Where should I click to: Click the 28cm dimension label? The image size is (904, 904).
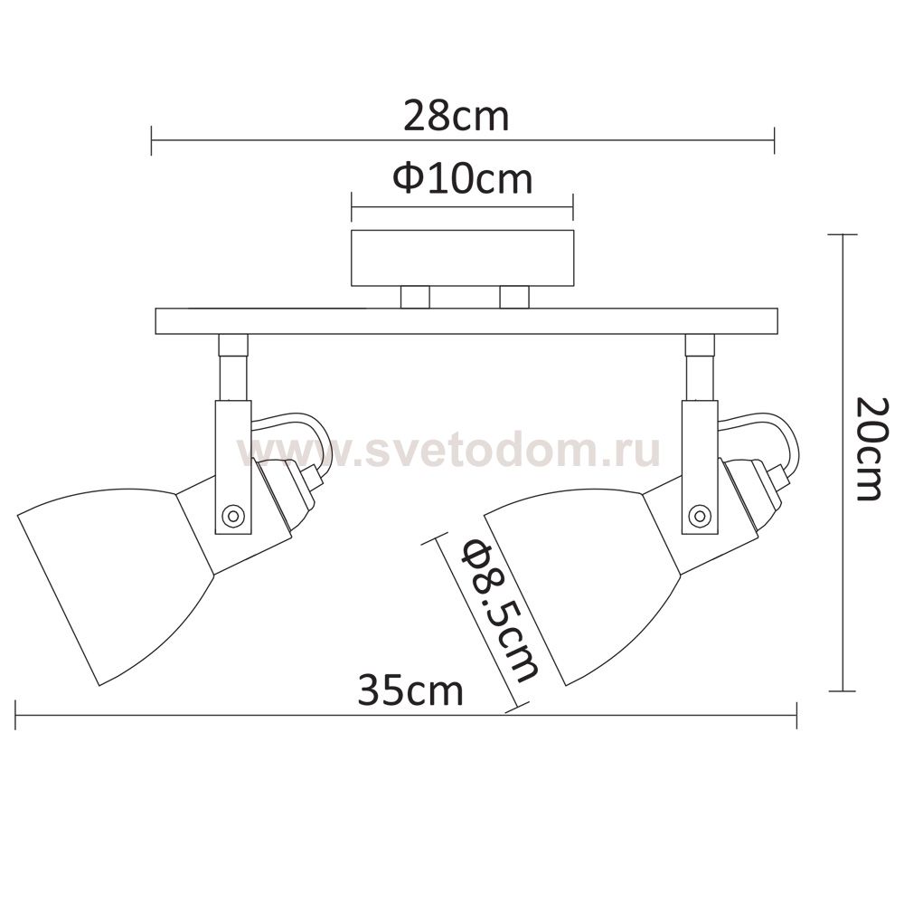[456, 116]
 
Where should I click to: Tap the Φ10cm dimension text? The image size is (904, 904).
[462, 179]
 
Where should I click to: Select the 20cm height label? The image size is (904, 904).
[867, 449]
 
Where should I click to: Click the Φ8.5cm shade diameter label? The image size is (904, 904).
[500, 611]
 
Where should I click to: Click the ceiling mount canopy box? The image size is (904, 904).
[462, 258]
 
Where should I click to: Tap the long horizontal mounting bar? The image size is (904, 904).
[466, 321]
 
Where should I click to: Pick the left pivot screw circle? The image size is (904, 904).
[233, 514]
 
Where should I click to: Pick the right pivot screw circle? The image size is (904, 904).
[700, 514]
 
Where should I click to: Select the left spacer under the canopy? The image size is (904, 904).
[415, 298]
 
